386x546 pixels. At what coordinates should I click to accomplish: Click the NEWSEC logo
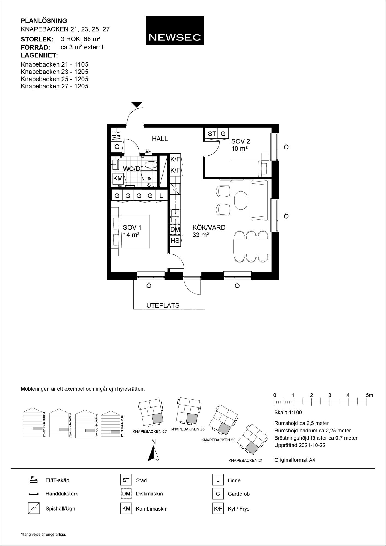point(175,31)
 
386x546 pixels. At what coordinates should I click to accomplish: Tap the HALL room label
point(160,139)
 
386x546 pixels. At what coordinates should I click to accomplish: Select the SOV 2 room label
point(240,141)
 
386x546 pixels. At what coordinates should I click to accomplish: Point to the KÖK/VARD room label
point(209,227)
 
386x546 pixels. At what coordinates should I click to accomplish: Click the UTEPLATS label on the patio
point(163,305)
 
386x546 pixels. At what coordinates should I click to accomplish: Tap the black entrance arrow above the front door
point(137,104)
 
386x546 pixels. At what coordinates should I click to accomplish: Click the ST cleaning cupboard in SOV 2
point(212,134)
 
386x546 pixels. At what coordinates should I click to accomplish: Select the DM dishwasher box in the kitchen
point(175,229)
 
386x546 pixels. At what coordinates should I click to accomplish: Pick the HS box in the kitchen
point(175,241)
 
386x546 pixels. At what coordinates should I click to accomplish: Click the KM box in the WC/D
point(118,179)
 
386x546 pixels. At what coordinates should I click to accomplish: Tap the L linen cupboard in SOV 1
point(161,195)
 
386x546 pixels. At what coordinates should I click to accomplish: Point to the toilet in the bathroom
point(150,165)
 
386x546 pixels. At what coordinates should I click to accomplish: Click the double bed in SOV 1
point(130,232)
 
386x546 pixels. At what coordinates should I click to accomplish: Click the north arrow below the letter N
point(154,453)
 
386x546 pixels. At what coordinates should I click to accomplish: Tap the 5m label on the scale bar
point(369,395)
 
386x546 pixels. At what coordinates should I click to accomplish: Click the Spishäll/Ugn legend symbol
point(34,508)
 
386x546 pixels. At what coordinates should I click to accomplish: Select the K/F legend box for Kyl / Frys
point(218,509)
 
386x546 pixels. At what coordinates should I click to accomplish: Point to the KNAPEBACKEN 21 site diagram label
point(246,460)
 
